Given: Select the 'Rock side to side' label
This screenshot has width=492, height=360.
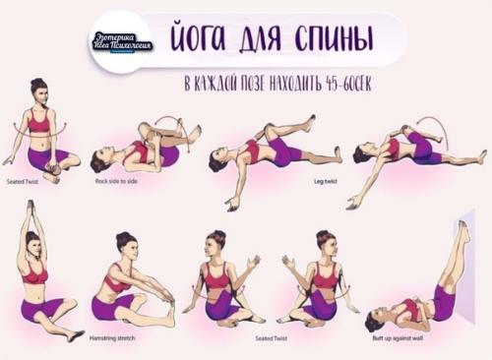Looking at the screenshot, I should (x=117, y=181).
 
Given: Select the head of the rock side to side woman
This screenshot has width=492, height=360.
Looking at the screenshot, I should (x=98, y=160).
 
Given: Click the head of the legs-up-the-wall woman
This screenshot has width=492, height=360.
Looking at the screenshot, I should (x=375, y=320).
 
